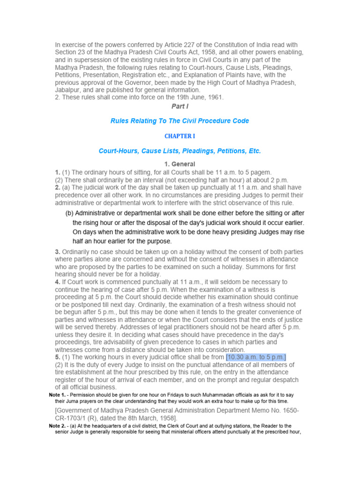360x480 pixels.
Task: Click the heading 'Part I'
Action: pos(180,106)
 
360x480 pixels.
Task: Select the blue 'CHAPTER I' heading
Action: pos(180,136)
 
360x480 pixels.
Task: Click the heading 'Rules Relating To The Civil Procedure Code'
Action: pos(180,121)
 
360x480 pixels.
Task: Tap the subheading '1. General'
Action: pos(180,164)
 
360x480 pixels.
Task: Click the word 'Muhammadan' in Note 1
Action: pos(207,395)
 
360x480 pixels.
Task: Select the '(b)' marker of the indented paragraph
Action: pos(69,213)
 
